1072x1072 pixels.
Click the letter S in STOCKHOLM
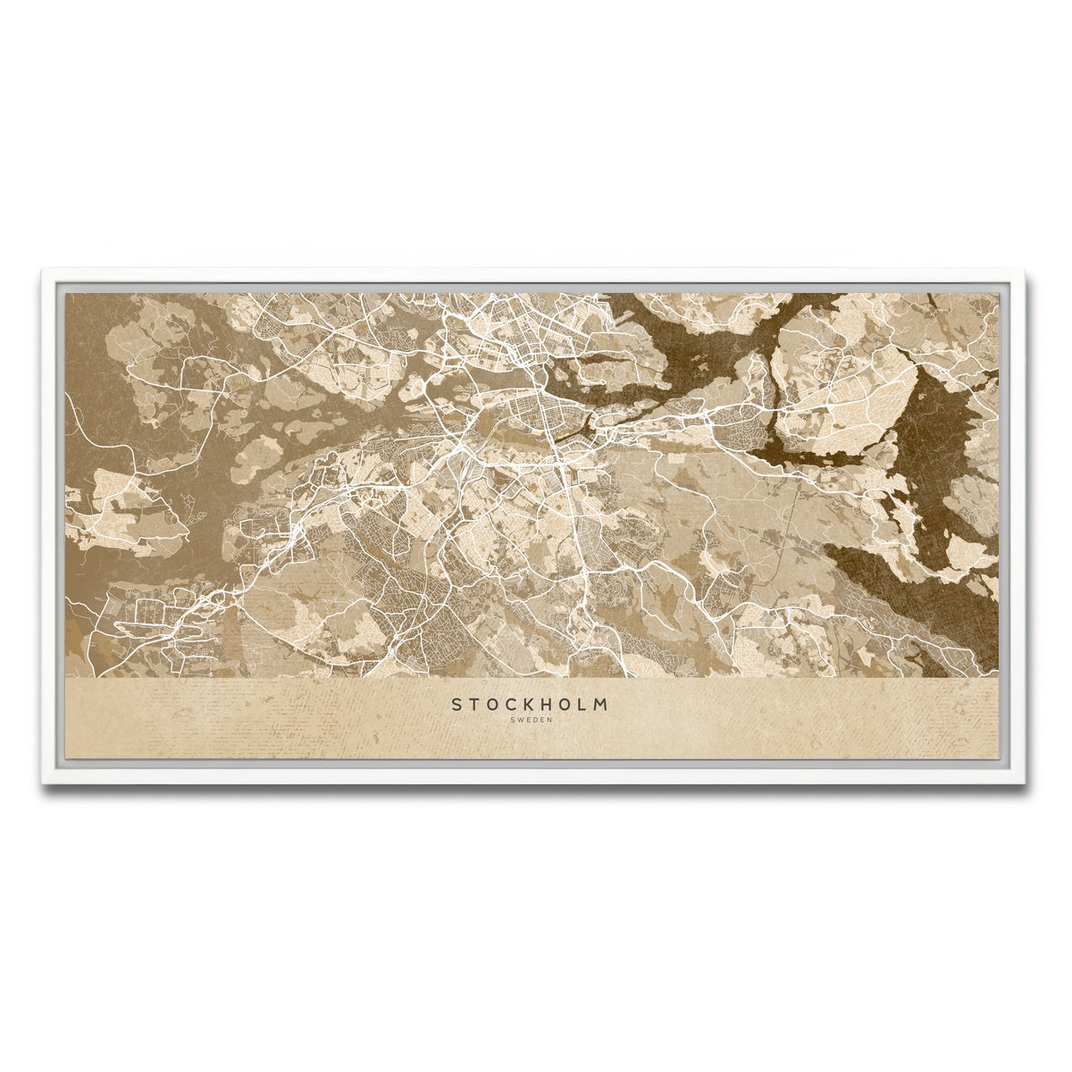coord(456,704)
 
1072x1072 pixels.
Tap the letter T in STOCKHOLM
coord(474,704)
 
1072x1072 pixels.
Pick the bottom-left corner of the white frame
coord(42,783)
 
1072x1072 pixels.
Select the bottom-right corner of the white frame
coord(1029,783)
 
